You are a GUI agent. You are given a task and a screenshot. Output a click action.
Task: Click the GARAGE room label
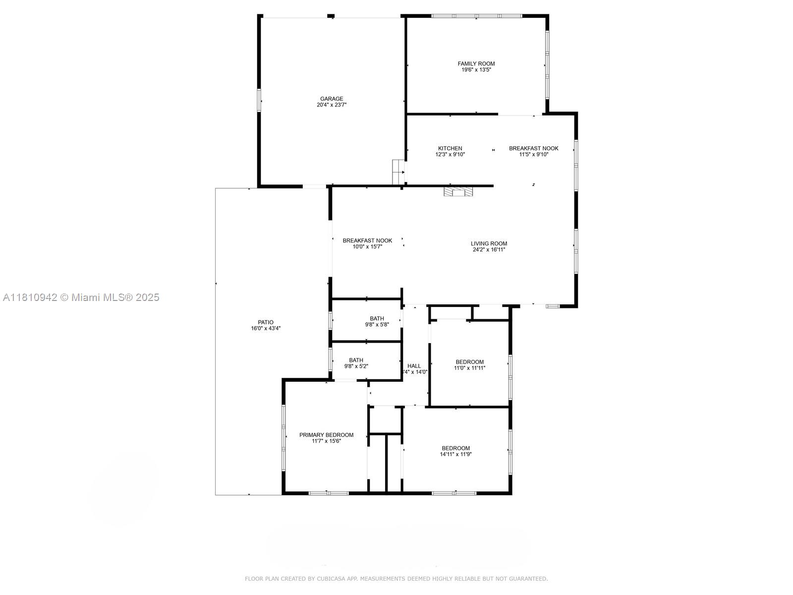332,99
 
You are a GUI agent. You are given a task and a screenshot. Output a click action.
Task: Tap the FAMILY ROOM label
476,63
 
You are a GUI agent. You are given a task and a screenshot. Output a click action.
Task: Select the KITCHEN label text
450,148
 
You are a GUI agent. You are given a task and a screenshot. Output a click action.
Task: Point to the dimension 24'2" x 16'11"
489,250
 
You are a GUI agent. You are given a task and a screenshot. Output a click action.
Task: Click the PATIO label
266,322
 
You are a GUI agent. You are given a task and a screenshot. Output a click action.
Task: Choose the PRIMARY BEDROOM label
326,435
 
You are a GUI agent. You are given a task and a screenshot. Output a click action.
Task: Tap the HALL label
414,366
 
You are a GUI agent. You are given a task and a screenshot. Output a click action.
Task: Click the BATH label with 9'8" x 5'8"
377,318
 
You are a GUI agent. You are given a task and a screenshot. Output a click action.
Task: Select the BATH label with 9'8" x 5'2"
356,360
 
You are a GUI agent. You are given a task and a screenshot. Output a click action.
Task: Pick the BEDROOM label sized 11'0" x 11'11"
469,362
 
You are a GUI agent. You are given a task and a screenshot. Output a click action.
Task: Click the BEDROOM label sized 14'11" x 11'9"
455,448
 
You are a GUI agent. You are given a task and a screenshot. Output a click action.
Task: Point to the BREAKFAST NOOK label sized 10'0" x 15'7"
367,240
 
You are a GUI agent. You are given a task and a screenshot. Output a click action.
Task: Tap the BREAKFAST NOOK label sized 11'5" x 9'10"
533,148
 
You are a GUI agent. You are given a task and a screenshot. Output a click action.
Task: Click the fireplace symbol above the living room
458,192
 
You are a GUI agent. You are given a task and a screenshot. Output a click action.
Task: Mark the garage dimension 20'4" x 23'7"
332,105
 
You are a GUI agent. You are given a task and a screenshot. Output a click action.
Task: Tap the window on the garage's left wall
259,100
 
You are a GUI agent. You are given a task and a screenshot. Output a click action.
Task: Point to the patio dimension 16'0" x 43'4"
266,328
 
